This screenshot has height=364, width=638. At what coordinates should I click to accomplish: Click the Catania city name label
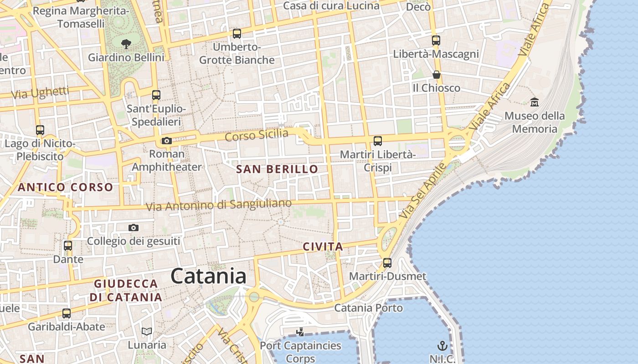point(208,276)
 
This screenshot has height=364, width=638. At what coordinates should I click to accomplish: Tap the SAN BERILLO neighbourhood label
point(277,169)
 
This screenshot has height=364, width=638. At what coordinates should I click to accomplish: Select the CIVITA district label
point(323,247)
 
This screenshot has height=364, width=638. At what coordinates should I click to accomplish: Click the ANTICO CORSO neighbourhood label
point(65,187)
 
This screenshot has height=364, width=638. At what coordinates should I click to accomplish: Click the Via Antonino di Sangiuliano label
point(218,205)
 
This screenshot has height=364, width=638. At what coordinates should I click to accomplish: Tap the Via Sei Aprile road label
point(422,191)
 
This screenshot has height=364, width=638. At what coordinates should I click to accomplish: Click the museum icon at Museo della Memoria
point(535,102)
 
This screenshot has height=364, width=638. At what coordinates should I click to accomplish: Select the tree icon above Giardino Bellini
point(126,44)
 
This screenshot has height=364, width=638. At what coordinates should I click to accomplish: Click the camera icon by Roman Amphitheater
point(167,141)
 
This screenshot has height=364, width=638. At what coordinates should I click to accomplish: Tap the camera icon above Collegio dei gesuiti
point(133,227)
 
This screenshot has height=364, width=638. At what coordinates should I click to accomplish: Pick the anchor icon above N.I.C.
point(442,345)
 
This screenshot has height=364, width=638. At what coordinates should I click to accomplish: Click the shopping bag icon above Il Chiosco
point(436,75)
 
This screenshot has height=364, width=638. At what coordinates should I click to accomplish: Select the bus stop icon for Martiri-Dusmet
point(387,263)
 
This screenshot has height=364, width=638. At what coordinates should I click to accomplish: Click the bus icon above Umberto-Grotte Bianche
point(237,33)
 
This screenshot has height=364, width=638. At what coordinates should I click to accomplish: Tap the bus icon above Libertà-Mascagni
point(436,40)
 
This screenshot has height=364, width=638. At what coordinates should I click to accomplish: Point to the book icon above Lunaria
point(146,331)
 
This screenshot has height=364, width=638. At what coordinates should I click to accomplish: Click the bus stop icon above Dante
point(68,246)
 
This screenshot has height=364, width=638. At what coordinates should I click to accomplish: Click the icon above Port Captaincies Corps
point(300,332)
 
